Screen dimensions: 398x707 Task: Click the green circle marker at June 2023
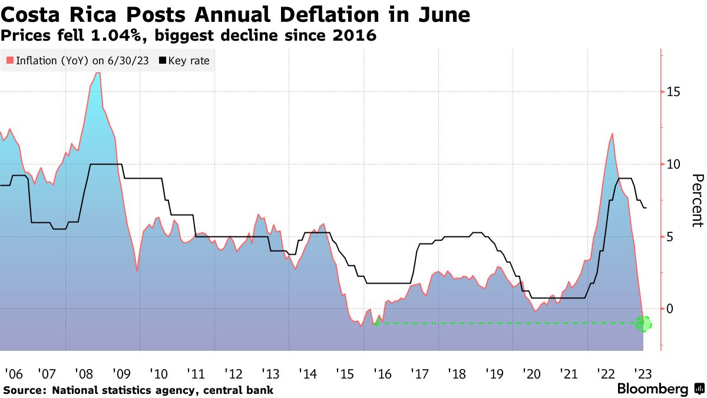click(644, 323)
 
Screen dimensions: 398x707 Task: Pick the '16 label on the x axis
click(382, 374)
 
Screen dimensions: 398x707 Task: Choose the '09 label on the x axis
click(123, 374)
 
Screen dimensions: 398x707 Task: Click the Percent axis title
click(697, 200)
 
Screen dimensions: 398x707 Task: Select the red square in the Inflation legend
click(9, 61)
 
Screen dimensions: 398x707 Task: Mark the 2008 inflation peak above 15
click(98, 73)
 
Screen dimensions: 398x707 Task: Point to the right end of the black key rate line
click(646, 208)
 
